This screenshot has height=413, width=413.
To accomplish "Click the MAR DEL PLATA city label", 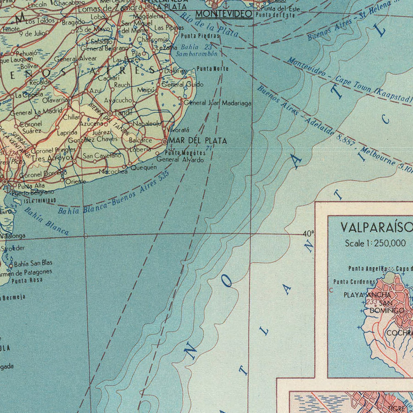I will pos(198,141).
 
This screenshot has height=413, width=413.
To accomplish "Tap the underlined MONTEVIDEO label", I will pos(223,14).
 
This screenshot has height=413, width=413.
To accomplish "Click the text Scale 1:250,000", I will pos(375,243).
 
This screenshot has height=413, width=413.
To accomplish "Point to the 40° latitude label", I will pos(309,234).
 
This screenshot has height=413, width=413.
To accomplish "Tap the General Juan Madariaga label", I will pos(218,103).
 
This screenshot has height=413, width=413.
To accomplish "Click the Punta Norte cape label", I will pos(212,68).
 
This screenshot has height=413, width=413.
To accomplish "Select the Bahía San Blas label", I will pos(33,263).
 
